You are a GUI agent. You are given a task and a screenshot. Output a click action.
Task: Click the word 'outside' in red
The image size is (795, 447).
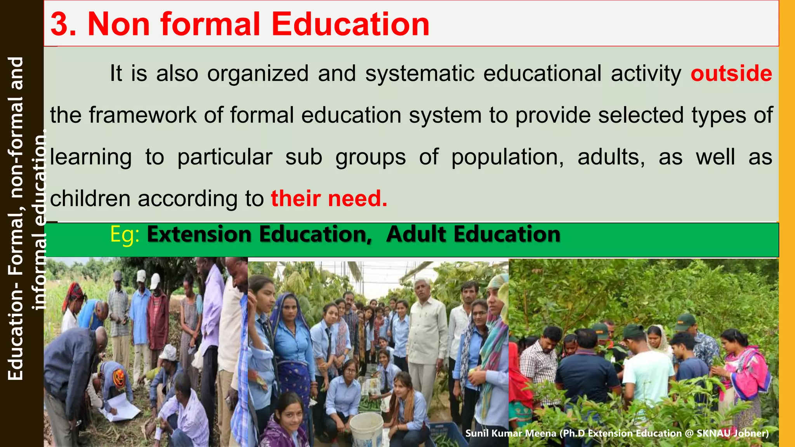pyautogui.click(x=731, y=73)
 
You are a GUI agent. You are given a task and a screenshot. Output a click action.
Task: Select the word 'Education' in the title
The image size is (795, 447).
pyautogui.click(x=350, y=24)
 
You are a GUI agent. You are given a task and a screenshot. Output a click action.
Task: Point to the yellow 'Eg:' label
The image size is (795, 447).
pyautogui.click(x=125, y=235)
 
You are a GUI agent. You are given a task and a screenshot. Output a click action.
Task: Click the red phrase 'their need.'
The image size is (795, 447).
pyautogui.click(x=329, y=199)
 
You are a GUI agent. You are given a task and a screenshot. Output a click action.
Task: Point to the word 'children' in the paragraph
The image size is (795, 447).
pyautogui.click(x=90, y=199)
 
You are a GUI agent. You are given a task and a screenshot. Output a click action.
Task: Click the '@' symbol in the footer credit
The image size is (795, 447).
pyautogui.click(x=689, y=433)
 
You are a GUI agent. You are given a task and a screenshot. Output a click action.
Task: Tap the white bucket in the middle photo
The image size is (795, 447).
pyautogui.click(x=366, y=429)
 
